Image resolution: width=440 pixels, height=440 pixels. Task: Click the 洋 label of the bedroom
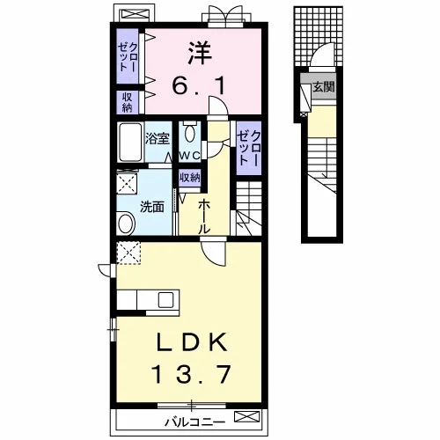200,54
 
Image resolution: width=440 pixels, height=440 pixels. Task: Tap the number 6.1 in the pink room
199,85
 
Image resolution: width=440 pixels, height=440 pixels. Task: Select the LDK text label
192,342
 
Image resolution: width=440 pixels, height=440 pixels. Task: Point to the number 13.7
191,374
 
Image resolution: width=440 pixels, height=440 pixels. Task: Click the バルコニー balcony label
194,422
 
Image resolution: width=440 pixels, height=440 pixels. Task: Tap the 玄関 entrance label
324,87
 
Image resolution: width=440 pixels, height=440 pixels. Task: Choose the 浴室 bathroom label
158,138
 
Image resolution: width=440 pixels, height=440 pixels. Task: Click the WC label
189,155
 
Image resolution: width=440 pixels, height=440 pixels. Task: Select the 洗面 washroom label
151,207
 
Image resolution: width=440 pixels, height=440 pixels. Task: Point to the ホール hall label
204,217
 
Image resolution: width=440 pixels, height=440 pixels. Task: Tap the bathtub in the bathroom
130,142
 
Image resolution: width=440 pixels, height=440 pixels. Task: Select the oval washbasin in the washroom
126,224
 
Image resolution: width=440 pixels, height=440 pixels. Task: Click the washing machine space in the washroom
127,183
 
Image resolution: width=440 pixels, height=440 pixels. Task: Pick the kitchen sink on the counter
166,299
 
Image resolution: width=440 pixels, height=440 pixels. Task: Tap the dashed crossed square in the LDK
128,253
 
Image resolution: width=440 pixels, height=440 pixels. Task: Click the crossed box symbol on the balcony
247,417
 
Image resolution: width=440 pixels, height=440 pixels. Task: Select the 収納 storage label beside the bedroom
127,102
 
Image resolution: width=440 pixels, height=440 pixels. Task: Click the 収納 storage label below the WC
190,177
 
